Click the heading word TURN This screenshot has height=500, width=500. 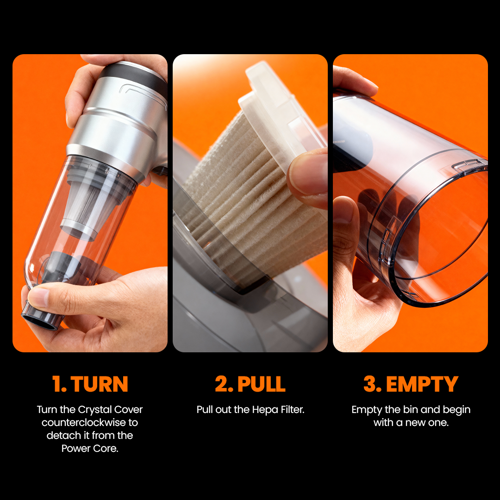pos(99,384)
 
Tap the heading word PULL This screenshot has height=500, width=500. pos(262,384)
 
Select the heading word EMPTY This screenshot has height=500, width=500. pos(422,384)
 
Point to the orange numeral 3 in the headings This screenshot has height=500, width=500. pos(371,384)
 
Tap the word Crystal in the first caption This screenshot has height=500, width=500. pos(94,410)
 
